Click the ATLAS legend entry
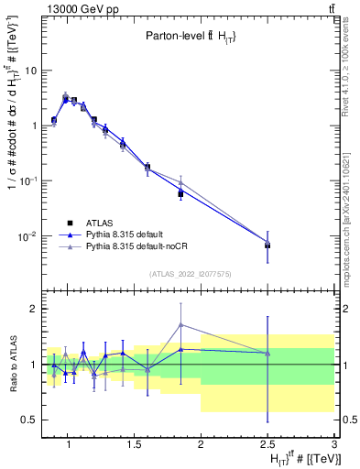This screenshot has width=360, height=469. [x=98, y=222]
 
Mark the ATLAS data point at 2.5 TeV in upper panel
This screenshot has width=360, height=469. [x=267, y=245]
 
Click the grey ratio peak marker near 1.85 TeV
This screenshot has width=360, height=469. [x=181, y=324]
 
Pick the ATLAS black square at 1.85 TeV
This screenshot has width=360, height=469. [x=181, y=194]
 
